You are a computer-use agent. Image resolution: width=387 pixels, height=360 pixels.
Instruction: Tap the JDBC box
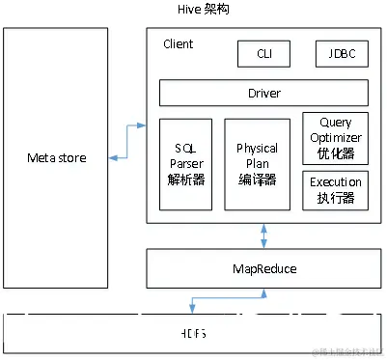(x=342, y=54)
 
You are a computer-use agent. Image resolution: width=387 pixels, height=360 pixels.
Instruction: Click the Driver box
(x=263, y=93)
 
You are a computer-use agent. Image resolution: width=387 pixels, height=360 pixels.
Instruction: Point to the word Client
(x=179, y=44)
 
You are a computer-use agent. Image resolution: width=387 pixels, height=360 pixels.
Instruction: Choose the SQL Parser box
(x=186, y=164)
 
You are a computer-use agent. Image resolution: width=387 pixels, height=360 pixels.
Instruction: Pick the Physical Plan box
(x=257, y=164)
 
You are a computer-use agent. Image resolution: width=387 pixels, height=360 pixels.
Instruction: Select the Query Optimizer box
(x=335, y=137)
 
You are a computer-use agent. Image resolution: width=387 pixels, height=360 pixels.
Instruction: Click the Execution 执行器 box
(x=335, y=189)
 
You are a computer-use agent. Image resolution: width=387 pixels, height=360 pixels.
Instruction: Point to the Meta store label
(x=55, y=156)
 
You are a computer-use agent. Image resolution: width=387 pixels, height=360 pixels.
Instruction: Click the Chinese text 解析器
(x=186, y=179)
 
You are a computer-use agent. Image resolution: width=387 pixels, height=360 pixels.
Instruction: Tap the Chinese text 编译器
(x=257, y=179)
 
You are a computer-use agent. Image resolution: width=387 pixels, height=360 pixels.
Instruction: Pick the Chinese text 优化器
(x=335, y=152)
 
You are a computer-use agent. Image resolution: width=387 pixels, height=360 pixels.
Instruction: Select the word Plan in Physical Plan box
(x=257, y=164)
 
